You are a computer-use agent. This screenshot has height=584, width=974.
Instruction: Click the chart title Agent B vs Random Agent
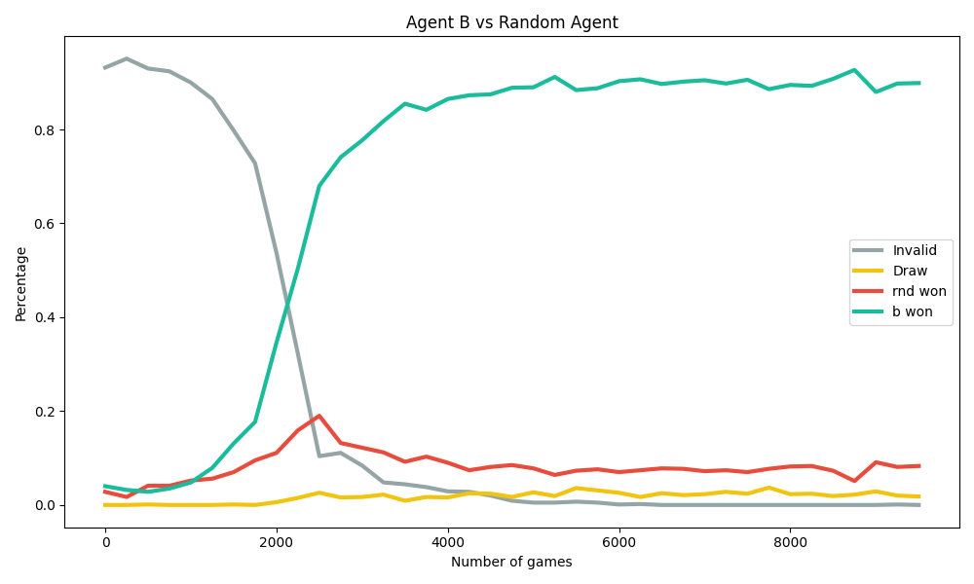(511, 22)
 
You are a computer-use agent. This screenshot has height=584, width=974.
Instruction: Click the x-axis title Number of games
(511, 562)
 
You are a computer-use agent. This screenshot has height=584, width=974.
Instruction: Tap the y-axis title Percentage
(20, 283)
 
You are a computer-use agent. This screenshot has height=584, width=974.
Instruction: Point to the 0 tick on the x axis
(105, 542)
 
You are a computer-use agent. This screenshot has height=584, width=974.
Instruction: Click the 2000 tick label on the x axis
(277, 542)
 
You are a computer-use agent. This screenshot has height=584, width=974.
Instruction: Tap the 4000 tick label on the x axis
(447, 542)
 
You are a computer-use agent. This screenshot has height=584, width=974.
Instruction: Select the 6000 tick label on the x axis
(618, 542)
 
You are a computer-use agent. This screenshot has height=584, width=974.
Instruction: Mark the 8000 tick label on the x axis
(789, 542)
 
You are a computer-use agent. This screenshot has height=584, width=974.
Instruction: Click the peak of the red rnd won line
(318, 416)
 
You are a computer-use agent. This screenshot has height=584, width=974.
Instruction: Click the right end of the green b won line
(918, 83)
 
